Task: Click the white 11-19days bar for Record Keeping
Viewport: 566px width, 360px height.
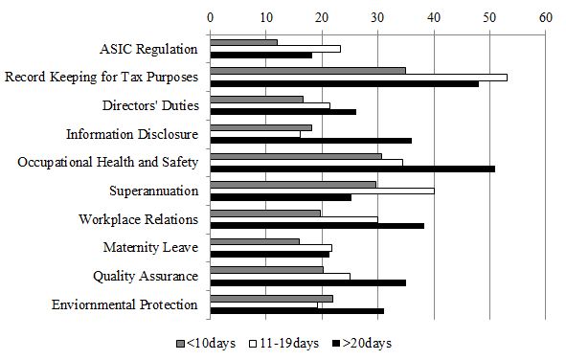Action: click(358, 77)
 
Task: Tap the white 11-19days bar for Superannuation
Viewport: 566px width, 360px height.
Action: click(322, 191)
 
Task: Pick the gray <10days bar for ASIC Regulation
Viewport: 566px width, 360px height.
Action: click(243, 42)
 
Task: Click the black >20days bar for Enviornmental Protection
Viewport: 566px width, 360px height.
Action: click(297, 311)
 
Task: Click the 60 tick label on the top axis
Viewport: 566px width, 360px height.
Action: click(546, 16)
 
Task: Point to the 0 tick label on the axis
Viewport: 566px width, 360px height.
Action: click(211, 16)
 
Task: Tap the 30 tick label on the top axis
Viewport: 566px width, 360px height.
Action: click(378, 16)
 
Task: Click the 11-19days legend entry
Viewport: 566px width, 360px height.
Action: click(284, 343)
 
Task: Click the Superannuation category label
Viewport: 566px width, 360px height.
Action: click(153, 191)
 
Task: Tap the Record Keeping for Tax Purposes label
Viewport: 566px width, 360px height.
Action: click(101, 77)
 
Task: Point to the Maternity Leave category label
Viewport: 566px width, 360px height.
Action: click(150, 248)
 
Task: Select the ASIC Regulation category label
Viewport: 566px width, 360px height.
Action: click(148, 49)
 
